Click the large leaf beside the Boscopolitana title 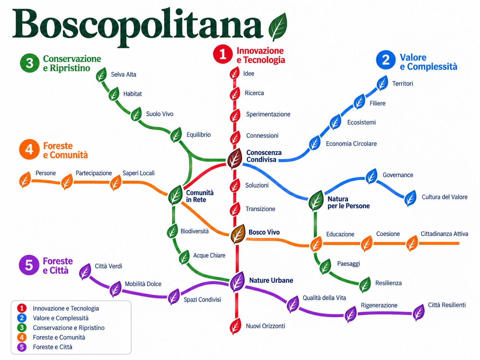pos(278,27)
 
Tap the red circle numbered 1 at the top pos(223,54)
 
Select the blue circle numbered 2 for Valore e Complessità pos(386,60)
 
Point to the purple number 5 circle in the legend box pos(22,347)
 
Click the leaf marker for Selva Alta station pos(101,75)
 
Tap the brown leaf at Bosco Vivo pos(238,234)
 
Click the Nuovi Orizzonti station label pos(265,326)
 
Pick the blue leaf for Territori pos(382,83)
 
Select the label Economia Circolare pos(351,144)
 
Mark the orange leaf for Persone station pos(25,180)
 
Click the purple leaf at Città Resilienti pos(418,313)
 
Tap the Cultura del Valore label pos(445,197)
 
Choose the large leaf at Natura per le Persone pos(316,201)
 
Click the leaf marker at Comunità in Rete pos(175,195)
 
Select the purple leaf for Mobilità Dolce pos(115,289)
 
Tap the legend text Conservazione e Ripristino pos(69,328)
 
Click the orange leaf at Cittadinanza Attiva pos(412,243)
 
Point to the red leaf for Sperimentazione pos(235,116)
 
